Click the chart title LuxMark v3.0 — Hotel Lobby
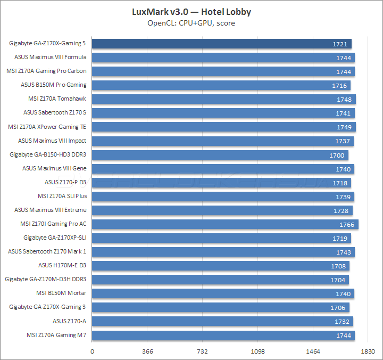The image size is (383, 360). [x=191, y=11]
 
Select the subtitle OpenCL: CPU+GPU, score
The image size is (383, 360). [x=191, y=23]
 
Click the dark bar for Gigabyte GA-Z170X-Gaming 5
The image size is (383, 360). [x=222, y=44]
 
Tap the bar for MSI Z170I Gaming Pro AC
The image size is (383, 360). [x=225, y=224]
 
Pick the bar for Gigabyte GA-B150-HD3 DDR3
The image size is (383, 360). [x=220, y=155]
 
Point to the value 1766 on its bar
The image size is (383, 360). [x=346, y=224]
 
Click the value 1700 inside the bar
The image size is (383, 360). [x=337, y=155]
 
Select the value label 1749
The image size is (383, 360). [x=344, y=127]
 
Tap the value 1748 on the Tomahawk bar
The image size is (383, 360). [x=344, y=100]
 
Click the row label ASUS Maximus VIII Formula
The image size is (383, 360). [x=51, y=57]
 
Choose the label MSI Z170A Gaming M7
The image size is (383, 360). [x=56, y=335]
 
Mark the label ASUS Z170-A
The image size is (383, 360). [x=69, y=321]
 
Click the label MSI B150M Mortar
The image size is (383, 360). [x=61, y=293]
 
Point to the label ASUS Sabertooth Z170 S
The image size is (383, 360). [x=55, y=112]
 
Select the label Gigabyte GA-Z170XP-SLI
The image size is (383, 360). [x=55, y=238]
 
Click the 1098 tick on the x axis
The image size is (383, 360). [x=257, y=351]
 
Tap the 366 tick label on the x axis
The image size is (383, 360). [x=148, y=351]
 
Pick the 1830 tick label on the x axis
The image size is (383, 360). [x=368, y=351]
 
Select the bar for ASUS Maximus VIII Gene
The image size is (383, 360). [x=223, y=169]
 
